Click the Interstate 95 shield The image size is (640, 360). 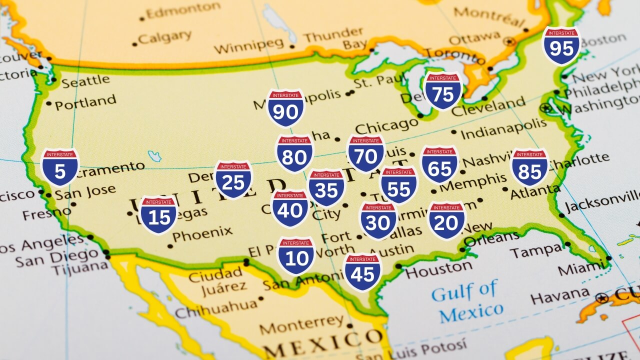coord(561,46)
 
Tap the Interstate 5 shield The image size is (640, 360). coord(60,167)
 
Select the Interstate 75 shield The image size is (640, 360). coord(442,91)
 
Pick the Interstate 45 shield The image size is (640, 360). coord(363,272)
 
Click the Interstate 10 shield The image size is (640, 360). coord(296,255)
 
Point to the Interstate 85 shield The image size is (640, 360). coord(529,167)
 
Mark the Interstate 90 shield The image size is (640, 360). coord(285,108)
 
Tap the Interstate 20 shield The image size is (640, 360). coord(446,220)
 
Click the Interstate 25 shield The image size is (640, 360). coord(233,179)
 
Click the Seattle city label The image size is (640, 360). coord(85,80)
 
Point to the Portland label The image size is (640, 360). coord(85,102)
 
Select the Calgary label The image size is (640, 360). coord(164,37)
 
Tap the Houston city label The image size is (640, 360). coord(438,269)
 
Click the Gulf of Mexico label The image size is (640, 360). coord(467,301)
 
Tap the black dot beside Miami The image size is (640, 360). coord(608,258)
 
